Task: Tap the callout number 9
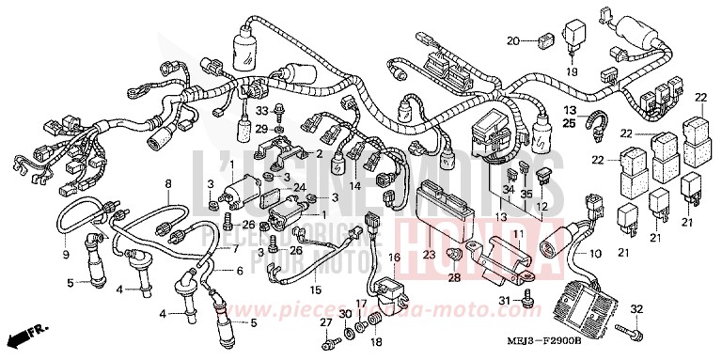click(x=66, y=255)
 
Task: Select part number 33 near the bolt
click(x=262, y=111)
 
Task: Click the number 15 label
click(x=315, y=290)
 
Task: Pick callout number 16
click(x=395, y=257)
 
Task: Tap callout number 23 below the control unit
click(x=429, y=254)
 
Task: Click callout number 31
click(x=504, y=300)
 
